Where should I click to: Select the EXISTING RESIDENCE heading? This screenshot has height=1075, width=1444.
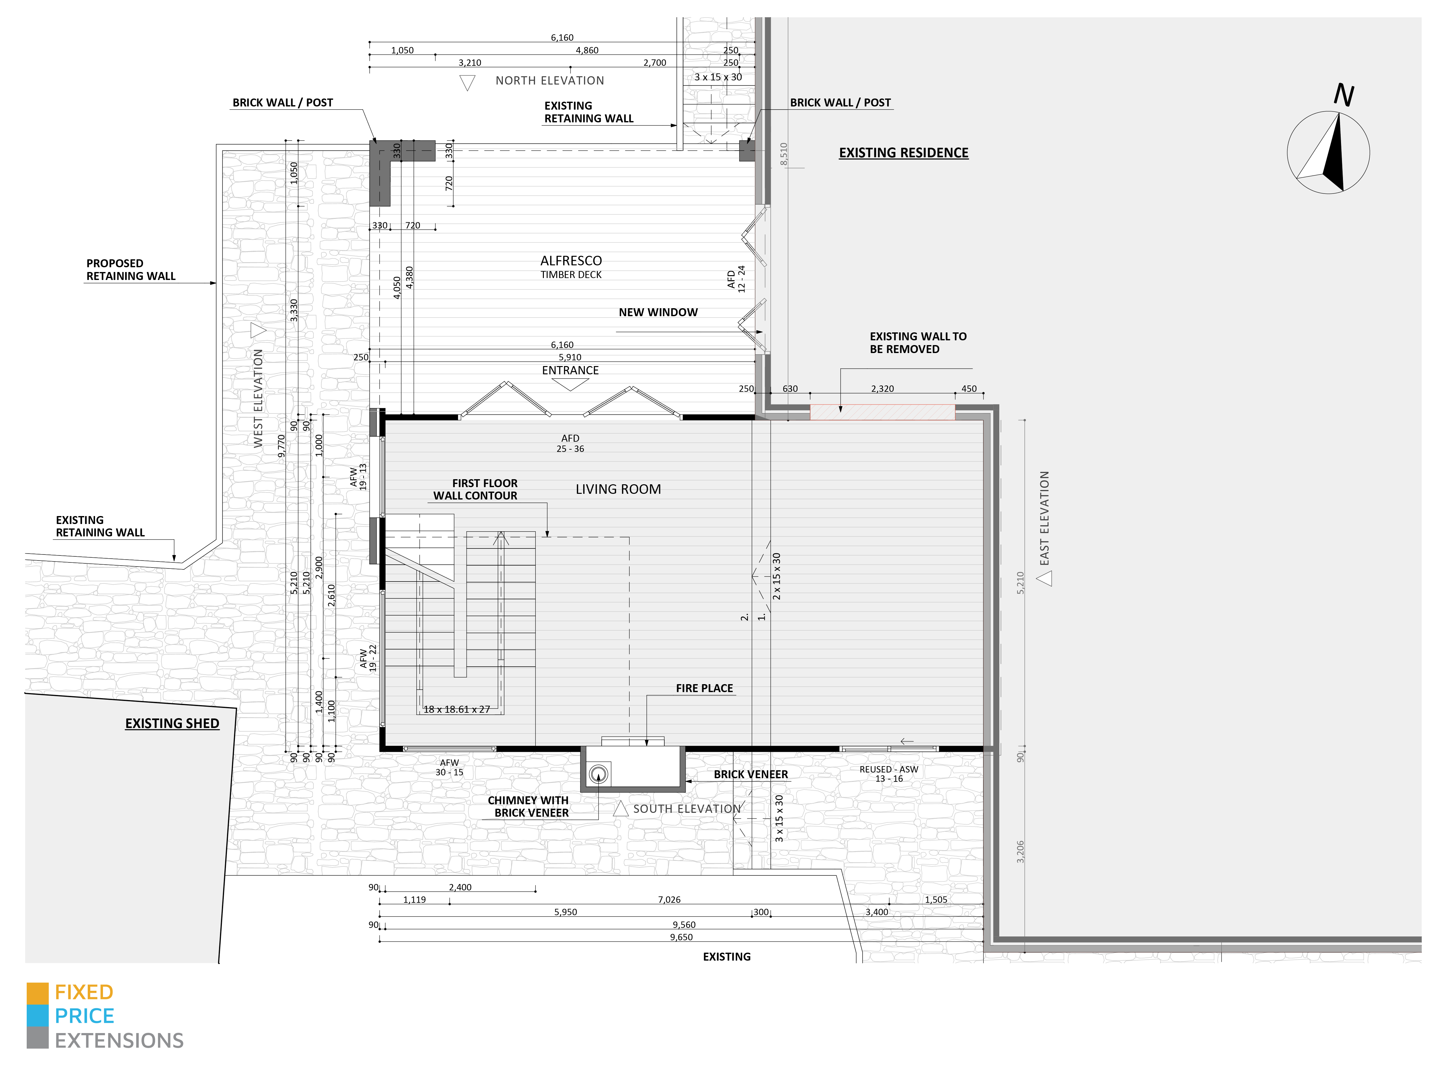coord(903,153)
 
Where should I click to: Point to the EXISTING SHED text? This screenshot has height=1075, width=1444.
coord(172,724)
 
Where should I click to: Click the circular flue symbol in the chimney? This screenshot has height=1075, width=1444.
coord(598,774)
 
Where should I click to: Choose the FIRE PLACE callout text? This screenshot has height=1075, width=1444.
coord(704,689)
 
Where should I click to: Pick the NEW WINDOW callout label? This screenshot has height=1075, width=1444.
coord(658,312)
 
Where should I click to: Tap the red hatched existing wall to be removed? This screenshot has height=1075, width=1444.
coord(882,412)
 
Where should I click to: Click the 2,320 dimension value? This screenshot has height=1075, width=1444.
coord(882,389)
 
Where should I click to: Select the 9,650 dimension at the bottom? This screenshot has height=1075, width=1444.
coord(681,937)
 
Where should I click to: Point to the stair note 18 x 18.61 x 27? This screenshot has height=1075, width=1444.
coord(457,709)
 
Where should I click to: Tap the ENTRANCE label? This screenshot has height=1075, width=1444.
coord(570,370)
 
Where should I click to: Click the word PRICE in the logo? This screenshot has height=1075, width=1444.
coord(85,1016)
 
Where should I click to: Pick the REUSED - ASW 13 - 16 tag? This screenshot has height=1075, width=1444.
coord(889,774)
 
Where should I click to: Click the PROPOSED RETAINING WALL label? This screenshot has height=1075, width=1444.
coord(131,269)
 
